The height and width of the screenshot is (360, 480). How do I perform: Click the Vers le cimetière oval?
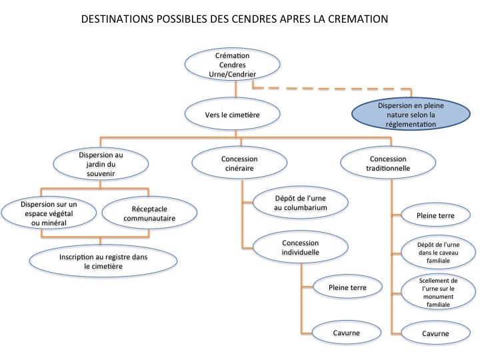click(x=232, y=115)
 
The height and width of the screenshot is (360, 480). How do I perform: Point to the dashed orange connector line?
click(x=333, y=87)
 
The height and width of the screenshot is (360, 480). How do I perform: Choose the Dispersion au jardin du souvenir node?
click(x=100, y=164)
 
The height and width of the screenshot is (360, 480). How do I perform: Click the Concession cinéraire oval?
click(x=240, y=164)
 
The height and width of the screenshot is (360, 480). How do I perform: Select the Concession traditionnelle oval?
click(x=388, y=164)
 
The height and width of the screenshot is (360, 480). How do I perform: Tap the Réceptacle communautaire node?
click(x=149, y=213)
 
